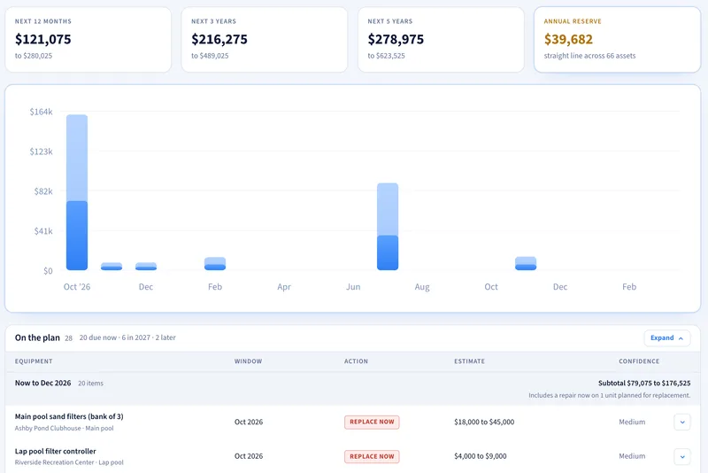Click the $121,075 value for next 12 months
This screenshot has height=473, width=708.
tap(42, 39)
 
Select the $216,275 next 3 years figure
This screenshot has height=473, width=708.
tap(219, 39)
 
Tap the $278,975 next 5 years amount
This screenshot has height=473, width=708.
tap(396, 39)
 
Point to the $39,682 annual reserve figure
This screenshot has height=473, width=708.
tap(568, 39)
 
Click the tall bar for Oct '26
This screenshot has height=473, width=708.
tap(77, 192)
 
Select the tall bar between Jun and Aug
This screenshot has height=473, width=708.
tap(388, 227)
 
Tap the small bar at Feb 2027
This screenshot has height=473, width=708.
tap(215, 263)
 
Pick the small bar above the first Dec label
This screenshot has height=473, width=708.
tap(146, 266)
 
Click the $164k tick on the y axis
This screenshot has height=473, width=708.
tap(41, 112)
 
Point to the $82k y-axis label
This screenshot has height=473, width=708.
tap(43, 191)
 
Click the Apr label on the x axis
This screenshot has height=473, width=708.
tap(284, 287)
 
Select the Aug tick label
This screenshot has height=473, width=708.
tap(422, 287)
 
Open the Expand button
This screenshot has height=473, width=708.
tap(667, 338)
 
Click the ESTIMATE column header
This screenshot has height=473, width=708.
tap(470, 361)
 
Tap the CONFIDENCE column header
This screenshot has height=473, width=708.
tap(639, 361)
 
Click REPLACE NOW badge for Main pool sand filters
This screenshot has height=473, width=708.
tap(372, 422)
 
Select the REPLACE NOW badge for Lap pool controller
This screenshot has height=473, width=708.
tap(372, 456)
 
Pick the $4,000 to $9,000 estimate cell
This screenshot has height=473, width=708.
tap(481, 456)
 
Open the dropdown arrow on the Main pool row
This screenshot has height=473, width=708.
tap(682, 422)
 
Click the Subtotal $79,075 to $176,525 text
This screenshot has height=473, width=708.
tap(644, 384)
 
